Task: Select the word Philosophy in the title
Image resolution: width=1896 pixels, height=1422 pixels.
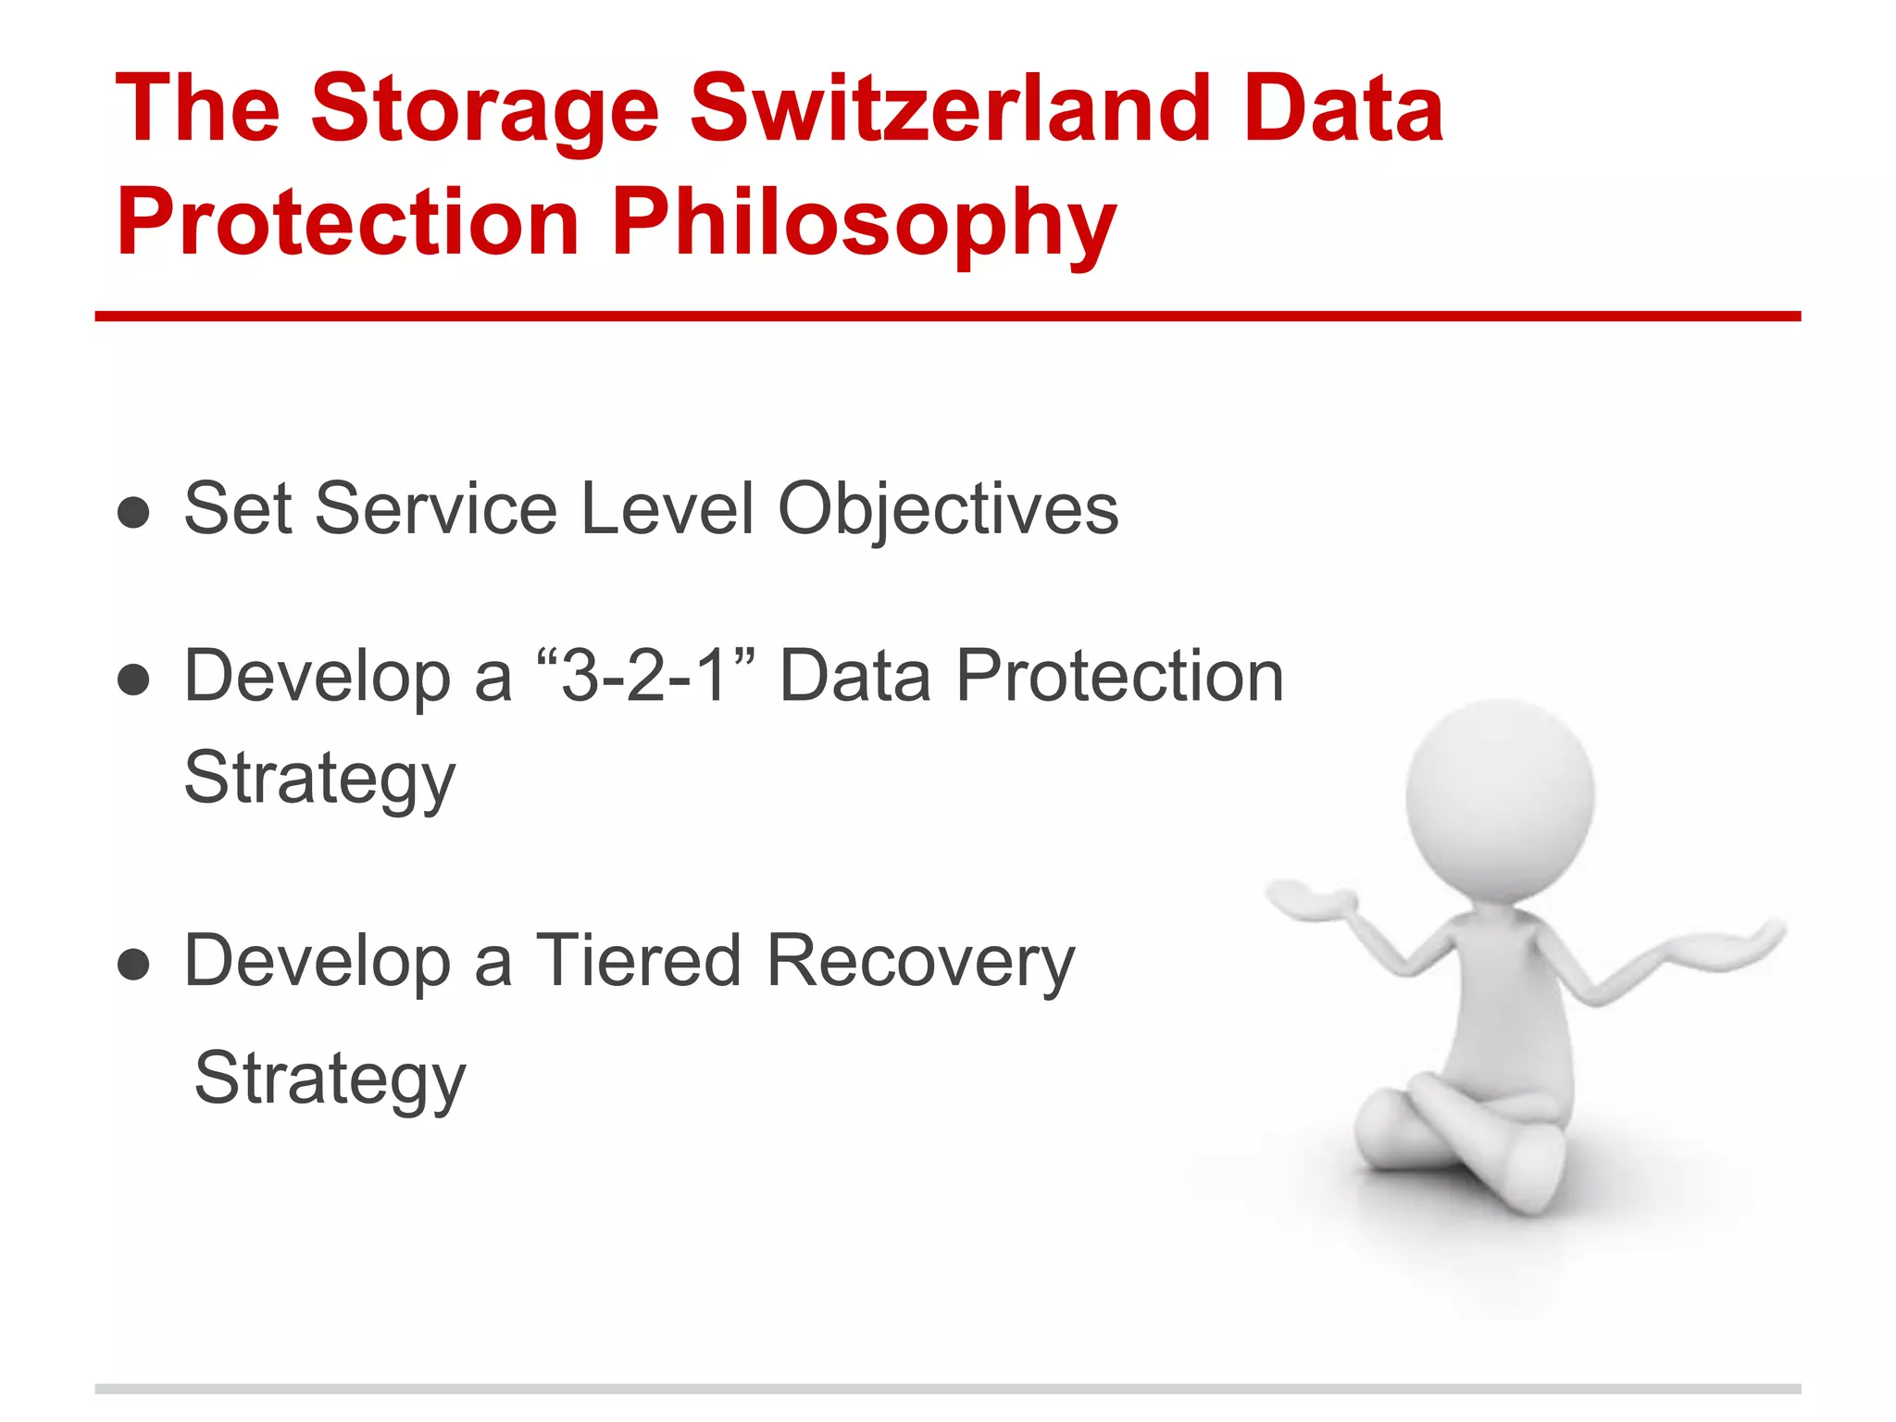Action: pos(863,222)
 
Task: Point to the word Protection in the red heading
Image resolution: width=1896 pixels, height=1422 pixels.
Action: pos(348,222)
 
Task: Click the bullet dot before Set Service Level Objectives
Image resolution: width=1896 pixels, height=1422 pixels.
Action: pos(134,512)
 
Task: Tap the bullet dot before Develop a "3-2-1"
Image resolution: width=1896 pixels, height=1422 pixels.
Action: pos(134,679)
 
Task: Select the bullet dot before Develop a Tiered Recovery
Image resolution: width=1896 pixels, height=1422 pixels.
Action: pos(134,964)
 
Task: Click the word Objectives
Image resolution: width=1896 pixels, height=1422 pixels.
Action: pos(948,509)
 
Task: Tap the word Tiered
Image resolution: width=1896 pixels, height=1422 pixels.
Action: pos(639,961)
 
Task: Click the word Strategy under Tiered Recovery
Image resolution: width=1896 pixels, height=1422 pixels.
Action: pos(330,1079)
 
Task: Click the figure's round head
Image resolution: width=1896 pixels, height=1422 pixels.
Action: pos(1500,798)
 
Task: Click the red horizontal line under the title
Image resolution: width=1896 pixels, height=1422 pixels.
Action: pos(948,317)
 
